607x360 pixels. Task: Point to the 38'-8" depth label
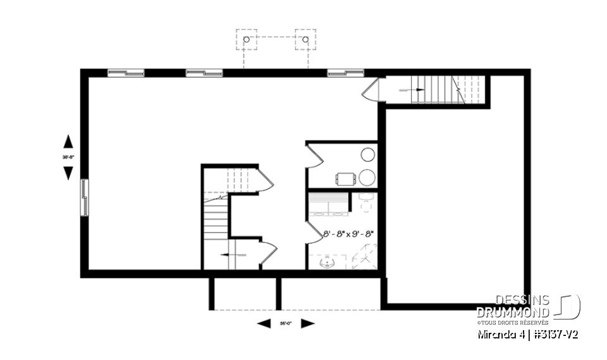click(x=68, y=156)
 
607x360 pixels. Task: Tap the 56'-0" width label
click(x=286, y=324)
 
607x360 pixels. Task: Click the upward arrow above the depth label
click(x=68, y=141)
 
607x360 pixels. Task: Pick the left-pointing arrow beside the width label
click(x=264, y=324)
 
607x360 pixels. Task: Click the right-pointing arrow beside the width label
click(x=308, y=324)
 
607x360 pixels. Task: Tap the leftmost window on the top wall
click(x=126, y=73)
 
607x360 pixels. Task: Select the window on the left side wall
click(x=84, y=198)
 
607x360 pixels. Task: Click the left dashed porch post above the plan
click(x=246, y=39)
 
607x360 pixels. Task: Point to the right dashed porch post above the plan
click(x=305, y=39)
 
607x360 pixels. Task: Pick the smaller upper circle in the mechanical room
click(x=368, y=154)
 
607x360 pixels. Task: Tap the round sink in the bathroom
click(x=328, y=263)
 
